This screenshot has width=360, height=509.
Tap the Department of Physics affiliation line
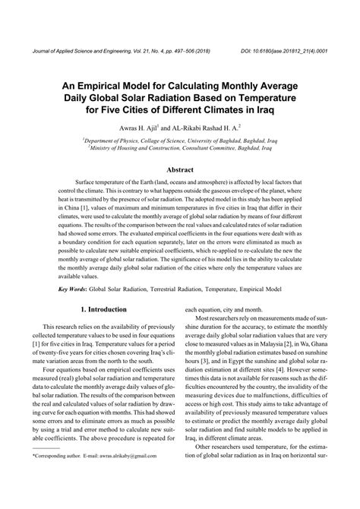coord(179,141)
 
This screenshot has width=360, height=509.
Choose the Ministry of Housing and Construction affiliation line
coord(179,150)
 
